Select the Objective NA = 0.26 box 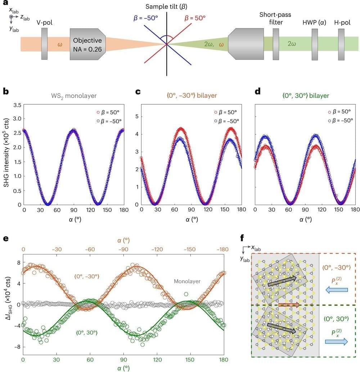[87, 44]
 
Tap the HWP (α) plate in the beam [315, 44]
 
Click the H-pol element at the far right [341, 44]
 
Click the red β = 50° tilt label [200, 18]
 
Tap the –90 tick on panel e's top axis [123, 249]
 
